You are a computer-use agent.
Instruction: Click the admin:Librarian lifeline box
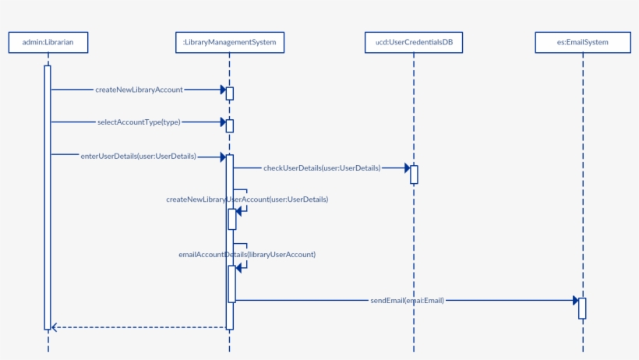tap(48, 42)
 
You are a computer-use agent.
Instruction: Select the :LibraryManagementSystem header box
tap(229, 42)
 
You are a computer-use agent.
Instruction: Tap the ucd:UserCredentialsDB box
tap(414, 42)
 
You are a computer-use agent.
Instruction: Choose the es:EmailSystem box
tap(583, 42)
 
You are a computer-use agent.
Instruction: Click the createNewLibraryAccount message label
tap(139, 90)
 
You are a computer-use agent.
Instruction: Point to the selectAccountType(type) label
tap(139, 122)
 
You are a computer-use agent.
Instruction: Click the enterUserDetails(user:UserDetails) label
tap(138, 156)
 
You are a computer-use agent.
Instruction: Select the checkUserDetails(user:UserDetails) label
tap(322, 168)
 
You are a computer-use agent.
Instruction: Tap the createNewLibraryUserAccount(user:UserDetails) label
tap(247, 199)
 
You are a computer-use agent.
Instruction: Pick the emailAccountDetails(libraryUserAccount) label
tap(247, 254)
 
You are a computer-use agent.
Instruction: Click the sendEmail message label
tap(407, 300)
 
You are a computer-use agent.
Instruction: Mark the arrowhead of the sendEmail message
tap(575, 300)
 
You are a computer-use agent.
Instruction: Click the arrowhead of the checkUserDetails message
tap(407, 168)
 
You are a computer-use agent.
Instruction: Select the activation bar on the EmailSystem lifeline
tap(582, 308)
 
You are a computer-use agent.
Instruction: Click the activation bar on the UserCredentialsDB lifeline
tap(414, 175)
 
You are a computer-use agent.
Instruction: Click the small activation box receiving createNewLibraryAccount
tap(230, 94)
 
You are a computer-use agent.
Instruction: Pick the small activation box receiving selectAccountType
tap(230, 125)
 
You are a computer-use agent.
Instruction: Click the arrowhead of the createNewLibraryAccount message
tap(223, 90)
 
